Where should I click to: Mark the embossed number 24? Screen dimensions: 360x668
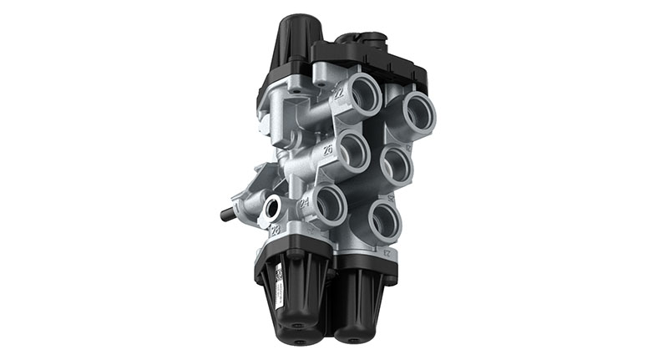coord(304,202)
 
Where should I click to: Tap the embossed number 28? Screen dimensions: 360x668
coord(275,231)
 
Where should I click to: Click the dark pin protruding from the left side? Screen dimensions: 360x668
coord(227,215)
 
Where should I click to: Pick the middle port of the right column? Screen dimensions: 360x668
coord(400,165)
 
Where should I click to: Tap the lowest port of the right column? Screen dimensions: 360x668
coord(383,220)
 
